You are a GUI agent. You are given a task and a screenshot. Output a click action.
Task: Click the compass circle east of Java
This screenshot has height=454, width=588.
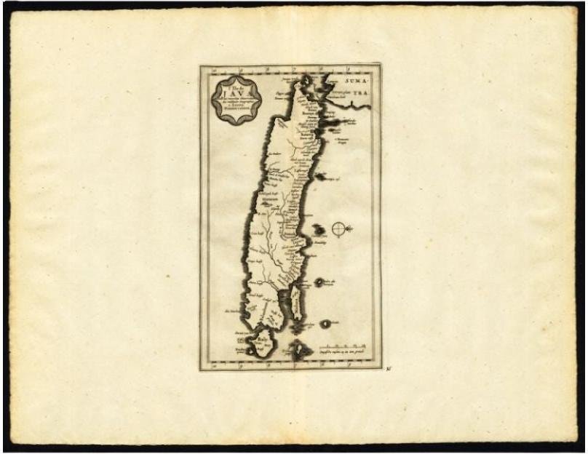click(x=339, y=229)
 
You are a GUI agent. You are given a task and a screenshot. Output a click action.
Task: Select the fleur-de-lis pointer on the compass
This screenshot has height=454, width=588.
click(x=350, y=229)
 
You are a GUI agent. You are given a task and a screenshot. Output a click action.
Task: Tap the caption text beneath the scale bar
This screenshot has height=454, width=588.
click(x=342, y=353)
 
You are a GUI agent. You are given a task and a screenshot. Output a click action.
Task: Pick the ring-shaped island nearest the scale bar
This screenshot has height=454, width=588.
click(x=325, y=322)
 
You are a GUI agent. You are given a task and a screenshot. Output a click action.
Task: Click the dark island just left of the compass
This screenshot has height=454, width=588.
click(x=319, y=230)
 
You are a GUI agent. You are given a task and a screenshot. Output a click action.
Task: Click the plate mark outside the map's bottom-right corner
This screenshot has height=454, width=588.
click(x=389, y=369)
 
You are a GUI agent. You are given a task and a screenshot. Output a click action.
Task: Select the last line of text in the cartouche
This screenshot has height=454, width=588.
click(x=237, y=111)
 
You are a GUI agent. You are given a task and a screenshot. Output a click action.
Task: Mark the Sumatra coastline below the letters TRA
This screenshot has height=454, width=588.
click(x=357, y=104)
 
